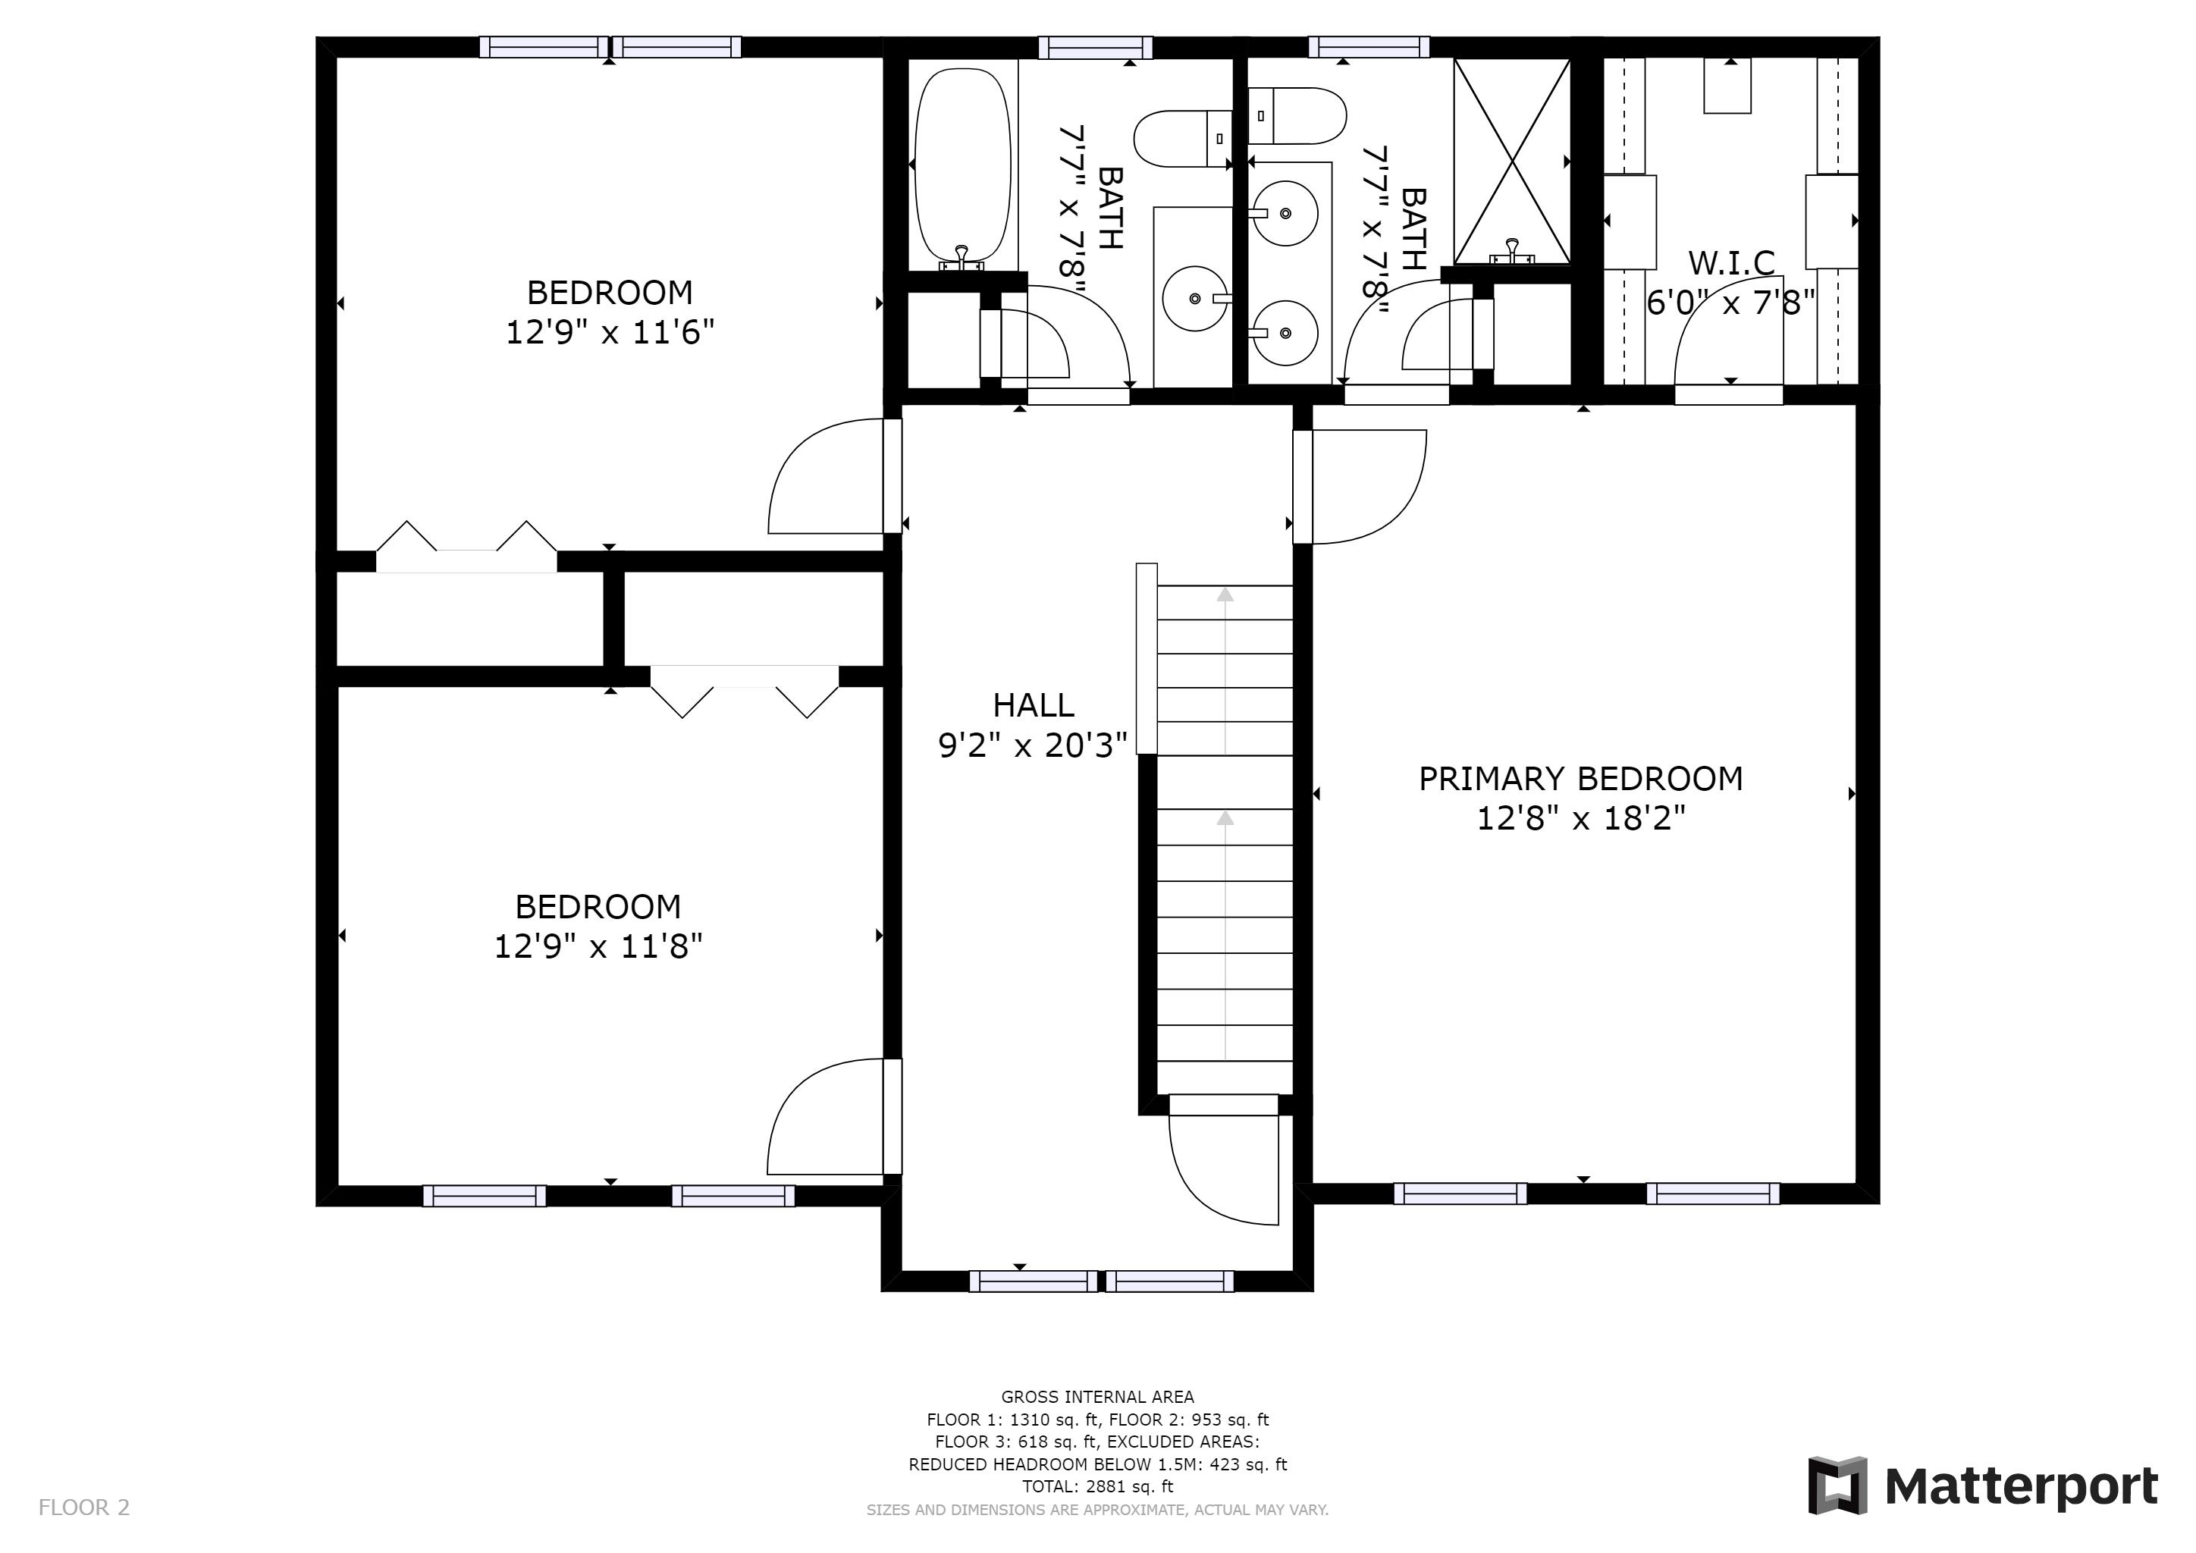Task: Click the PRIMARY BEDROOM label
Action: click(x=1580, y=779)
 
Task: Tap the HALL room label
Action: click(x=1033, y=706)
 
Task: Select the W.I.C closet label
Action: click(x=1731, y=262)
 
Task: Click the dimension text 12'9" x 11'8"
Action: click(x=598, y=946)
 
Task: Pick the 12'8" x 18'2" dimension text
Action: click(x=1581, y=818)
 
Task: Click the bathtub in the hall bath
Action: click(x=962, y=168)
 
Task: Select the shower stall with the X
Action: click(x=1512, y=161)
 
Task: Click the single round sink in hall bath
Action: click(x=1196, y=298)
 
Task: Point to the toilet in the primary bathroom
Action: click(x=1297, y=116)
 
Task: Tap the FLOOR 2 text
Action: click(x=83, y=1508)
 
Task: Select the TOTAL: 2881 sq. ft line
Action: click(x=1097, y=1487)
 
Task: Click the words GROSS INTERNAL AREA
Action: click(x=1097, y=1397)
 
